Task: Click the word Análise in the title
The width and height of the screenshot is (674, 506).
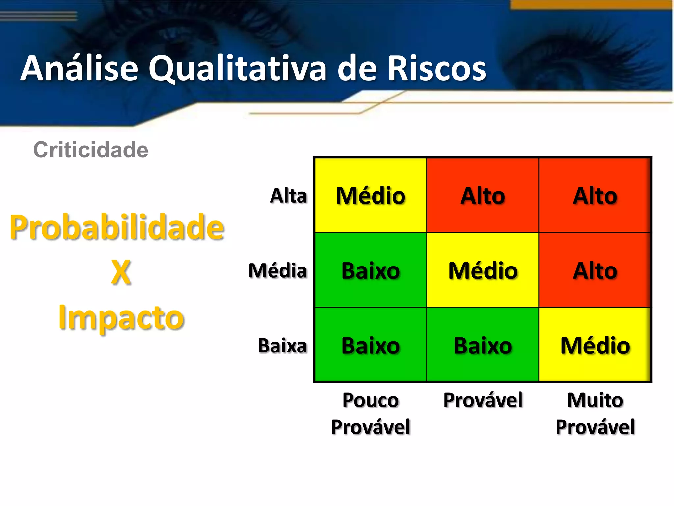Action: click(x=79, y=69)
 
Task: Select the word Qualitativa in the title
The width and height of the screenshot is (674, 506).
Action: click(x=237, y=69)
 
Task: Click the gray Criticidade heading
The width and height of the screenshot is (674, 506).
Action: click(x=91, y=150)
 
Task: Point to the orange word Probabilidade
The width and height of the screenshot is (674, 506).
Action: click(x=117, y=227)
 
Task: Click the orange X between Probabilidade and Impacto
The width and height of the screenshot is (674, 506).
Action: click(x=121, y=272)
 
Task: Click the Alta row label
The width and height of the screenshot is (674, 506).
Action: click(x=288, y=196)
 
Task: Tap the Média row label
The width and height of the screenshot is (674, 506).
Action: click(x=278, y=271)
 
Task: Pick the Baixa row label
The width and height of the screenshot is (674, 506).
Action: click(x=282, y=346)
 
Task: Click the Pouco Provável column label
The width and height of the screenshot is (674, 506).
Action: click(x=371, y=413)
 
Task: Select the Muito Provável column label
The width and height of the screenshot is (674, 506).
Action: click(x=595, y=413)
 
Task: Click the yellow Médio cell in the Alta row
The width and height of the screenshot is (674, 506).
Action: click(x=371, y=196)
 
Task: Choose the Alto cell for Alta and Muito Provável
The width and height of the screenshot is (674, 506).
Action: click(x=595, y=196)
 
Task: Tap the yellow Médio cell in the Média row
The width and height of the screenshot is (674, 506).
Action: click(x=483, y=270)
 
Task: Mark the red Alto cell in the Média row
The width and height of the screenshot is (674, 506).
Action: click(x=595, y=270)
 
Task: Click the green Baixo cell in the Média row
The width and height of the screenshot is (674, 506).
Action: click(x=371, y=270)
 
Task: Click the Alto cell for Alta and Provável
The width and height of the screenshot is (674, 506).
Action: click(x=483, y=196)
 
